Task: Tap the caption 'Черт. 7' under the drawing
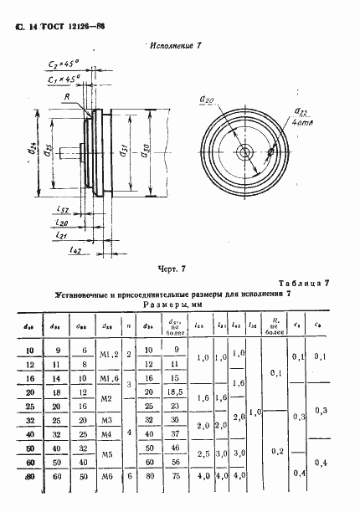coord(177,269)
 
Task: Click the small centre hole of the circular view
coord(244,152)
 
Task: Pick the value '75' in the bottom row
coord(173,477)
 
